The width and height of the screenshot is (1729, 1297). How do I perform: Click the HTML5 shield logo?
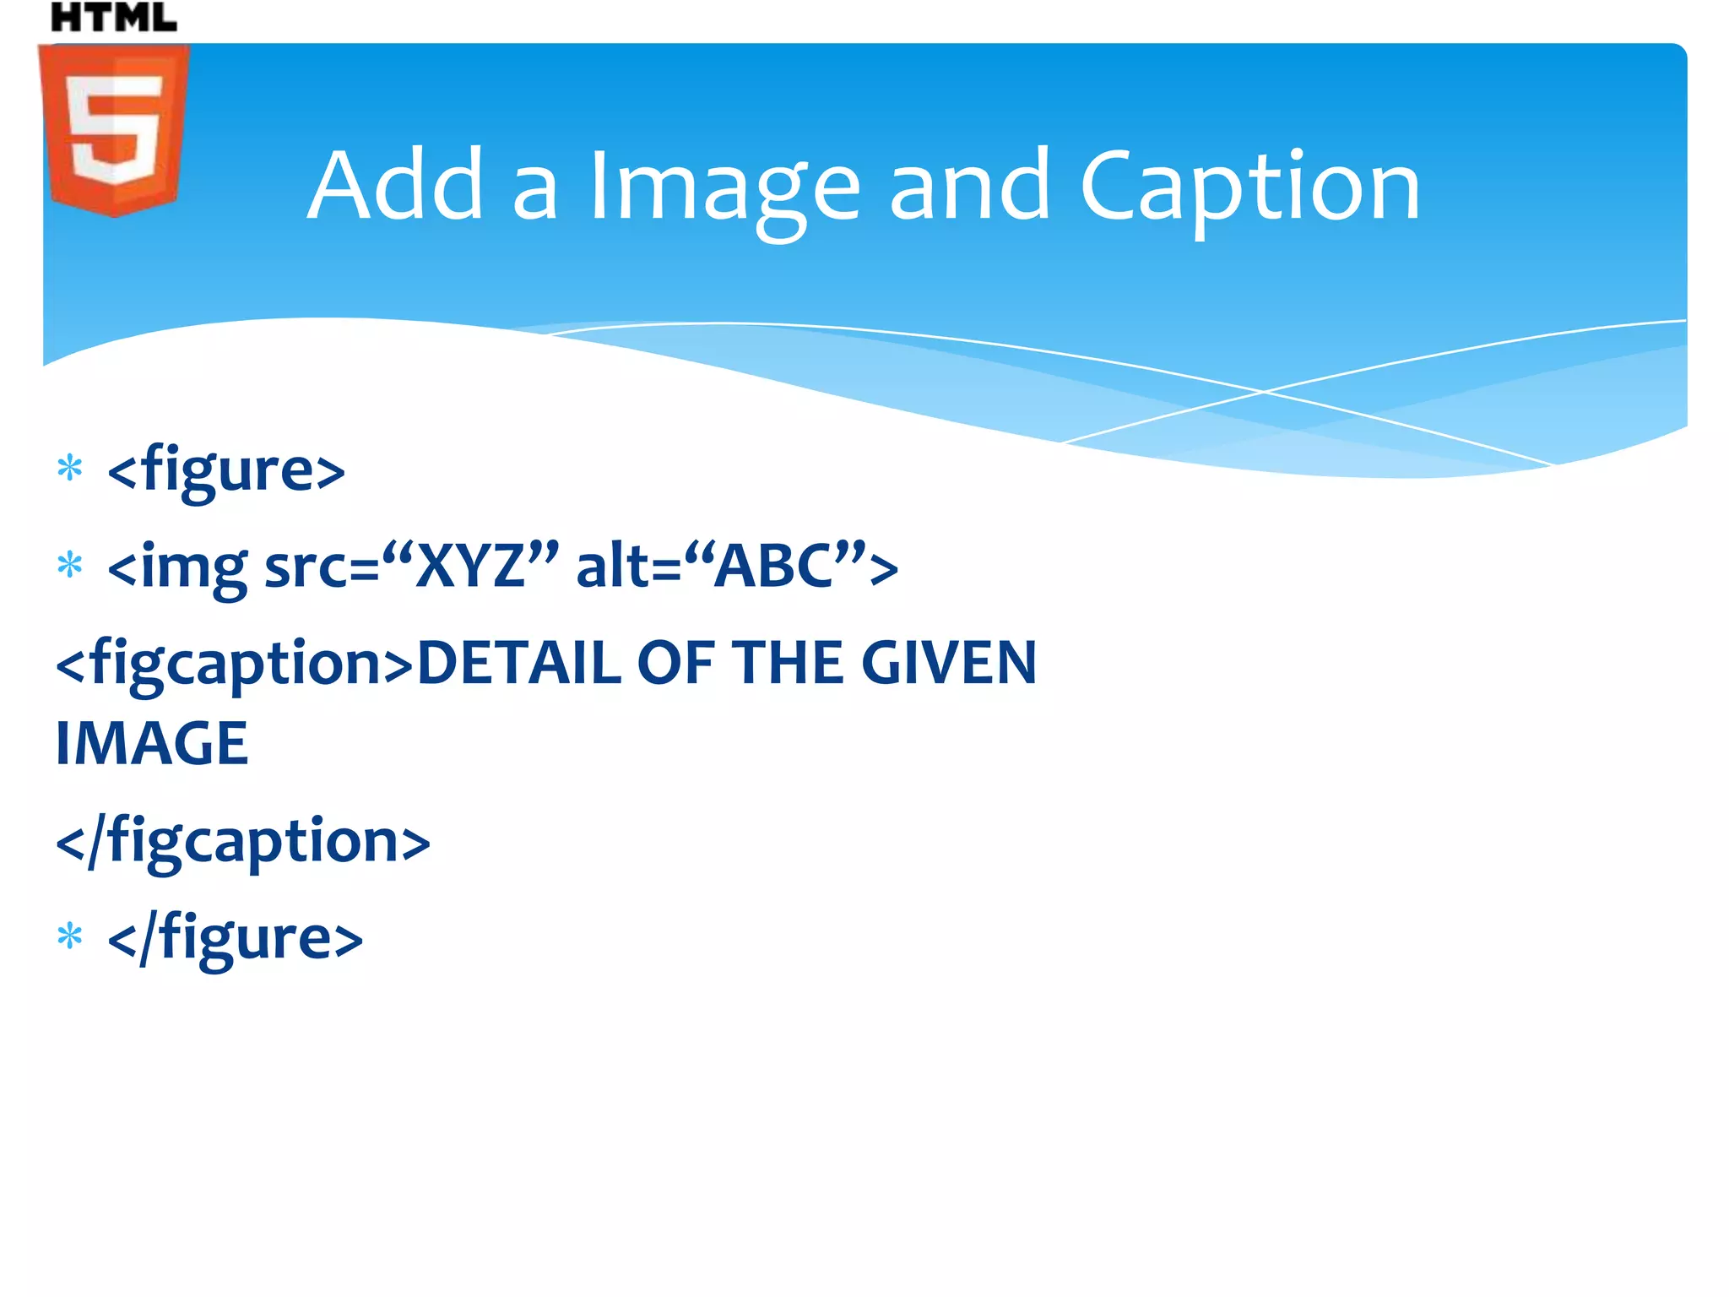(x=113, y=130)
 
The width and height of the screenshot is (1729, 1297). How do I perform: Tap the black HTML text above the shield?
(x=113, y=18)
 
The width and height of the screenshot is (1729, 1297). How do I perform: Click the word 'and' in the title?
(x=970, y=185)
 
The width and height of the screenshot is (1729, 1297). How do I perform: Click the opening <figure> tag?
(x=226, y=469)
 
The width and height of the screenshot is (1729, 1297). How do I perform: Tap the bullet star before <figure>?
(x=70, y=468)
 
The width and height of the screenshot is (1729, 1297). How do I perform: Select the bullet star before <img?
(x=70, y=565)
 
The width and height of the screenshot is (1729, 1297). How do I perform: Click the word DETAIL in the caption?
(x=518, y=663)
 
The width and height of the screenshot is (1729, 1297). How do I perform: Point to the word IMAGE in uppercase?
(x=152, y=744)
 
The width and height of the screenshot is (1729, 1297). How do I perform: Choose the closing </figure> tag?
(x=236, y=938)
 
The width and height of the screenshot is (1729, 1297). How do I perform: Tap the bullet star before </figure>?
(x=70, y=936)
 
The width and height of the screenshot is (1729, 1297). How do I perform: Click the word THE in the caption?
(x=788, y=663)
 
